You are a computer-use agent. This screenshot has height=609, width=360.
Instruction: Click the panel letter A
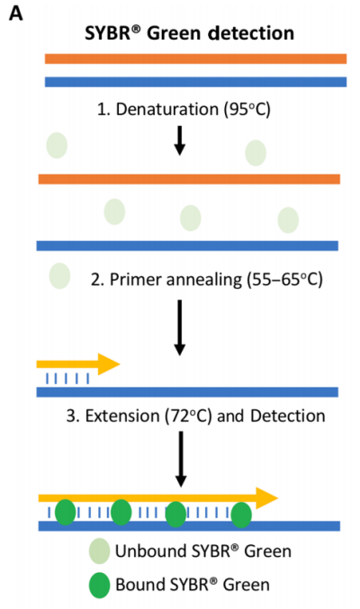click(16, 13)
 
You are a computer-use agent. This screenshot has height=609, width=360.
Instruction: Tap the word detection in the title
click(251, 33)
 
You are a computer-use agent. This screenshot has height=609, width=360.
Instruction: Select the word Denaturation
click(166, 109)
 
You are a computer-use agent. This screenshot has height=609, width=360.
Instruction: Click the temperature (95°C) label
click(247, 109)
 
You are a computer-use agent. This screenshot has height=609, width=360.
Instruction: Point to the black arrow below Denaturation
click(179, 140)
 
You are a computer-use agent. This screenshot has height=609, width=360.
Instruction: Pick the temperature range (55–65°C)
click(284, 280)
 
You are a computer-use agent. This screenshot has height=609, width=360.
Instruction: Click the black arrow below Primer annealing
click(179, 327)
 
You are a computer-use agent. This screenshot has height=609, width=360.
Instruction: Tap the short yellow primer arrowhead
click(109, 364)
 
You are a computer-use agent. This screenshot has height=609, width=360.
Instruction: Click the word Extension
click(122, 416)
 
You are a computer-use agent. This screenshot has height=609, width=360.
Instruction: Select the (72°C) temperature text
click(189, 416)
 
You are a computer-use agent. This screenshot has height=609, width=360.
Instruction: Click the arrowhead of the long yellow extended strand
click(267, 498)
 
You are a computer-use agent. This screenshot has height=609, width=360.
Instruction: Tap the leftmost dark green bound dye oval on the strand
click(66, 512)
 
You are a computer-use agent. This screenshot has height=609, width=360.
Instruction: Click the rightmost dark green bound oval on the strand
click(241, 515)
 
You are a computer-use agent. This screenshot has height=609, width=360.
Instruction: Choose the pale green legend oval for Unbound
click(99, 551)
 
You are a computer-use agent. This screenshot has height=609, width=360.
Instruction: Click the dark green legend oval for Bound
click(99, 585)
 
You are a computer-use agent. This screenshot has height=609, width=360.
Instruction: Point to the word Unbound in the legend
click(150, 551)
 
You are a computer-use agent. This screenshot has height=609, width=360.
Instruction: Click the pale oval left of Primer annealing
click(59, 276)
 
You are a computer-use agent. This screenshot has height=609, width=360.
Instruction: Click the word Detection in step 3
click(288, 416)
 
